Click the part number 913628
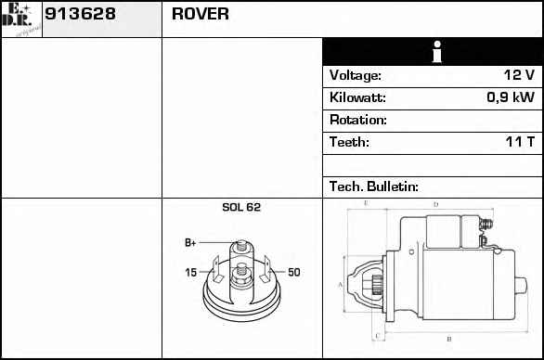pyautogui.click(x=80, y=14)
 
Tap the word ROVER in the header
pyautogui.click(x=201, y=14)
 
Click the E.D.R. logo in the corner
pyautogui.click(x=20, y=19)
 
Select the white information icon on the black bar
pyautogui.click(x=437, y=52)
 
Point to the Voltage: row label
pyautogui.click(x=356, y=75)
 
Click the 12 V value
pyautogui.click(x=519, y=75)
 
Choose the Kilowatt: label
pyautogui.click(x=357, y=97)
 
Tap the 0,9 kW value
pyautogui.click(x=511, y=97)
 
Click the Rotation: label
pyautogui.click(x=358, y=120)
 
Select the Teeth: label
pyautogui.click(x=349, y=142)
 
